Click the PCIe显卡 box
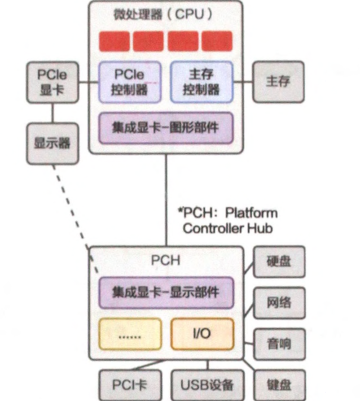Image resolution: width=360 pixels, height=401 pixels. tap(52, 82)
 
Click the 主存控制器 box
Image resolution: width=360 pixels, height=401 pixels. tap(201, 82)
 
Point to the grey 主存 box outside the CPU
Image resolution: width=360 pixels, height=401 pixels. tap(277, 82)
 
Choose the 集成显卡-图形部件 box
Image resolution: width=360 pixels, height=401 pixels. tap(166, 128)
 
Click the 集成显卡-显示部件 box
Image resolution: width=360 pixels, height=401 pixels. tap(165, 293)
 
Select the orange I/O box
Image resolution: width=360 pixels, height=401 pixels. tap(201, 333)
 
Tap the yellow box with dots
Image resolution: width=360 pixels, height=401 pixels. tap(130, 334)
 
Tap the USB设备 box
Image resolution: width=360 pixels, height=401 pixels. tap(207, 385)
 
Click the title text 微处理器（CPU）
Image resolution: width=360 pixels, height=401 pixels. tap(165, 14)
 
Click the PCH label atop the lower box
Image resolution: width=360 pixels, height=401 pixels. tap(165, 260)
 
